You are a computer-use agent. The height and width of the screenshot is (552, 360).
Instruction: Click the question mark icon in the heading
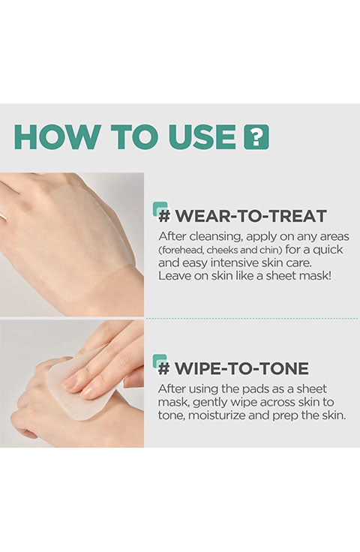coord(256,136)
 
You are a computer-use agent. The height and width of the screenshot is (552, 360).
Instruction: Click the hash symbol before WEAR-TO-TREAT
coord(164,216)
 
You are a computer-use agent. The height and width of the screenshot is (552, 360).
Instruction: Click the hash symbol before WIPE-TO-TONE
coord(164,368)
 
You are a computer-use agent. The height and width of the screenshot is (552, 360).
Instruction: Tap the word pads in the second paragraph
coord(251,390)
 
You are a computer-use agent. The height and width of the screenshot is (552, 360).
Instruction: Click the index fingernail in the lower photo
coord(70,382)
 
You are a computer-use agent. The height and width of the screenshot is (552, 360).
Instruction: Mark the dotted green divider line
coord(252,319)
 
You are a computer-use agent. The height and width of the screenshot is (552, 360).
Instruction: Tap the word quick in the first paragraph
coord(328,250)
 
